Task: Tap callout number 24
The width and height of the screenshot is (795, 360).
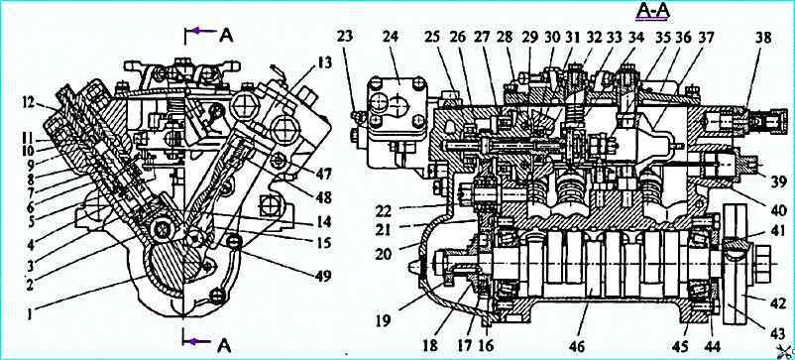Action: [x=391, y=38]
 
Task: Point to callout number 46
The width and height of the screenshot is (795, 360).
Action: [x=578, y=346]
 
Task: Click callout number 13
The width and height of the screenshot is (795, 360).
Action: [x=324, y=62]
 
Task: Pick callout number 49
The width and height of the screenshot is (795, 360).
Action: [x=322, y=276]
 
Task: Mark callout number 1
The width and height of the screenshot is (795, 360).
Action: [x=31, y=314]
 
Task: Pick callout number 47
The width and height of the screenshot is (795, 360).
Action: [x=322, y=175]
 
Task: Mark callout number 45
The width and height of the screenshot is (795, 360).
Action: [x=681, y=346]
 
